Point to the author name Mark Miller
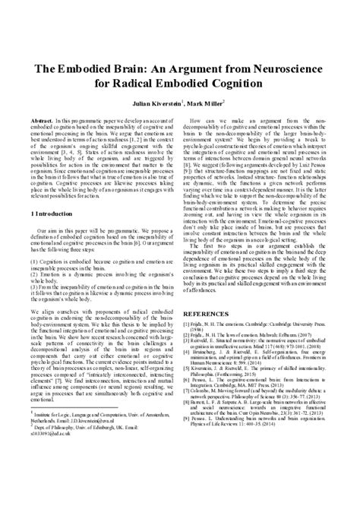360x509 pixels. (222, 101)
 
